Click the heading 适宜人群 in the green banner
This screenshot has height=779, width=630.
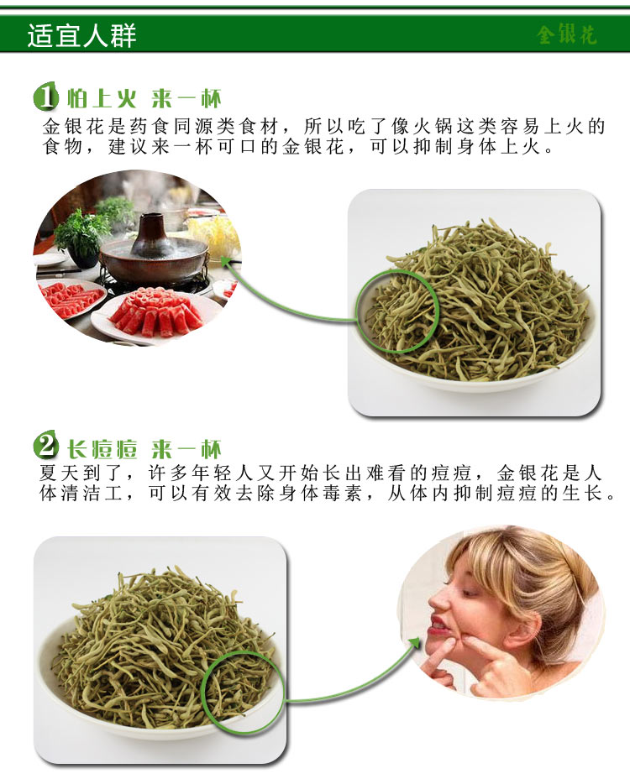coord(81,35)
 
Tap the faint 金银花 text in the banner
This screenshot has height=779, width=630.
coord(566,34)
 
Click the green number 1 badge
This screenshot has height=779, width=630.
coord(45,97)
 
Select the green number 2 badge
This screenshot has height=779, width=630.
coord(45,445)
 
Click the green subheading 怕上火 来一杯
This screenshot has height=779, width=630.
coord(144,98)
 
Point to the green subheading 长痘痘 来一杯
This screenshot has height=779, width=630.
coord(144,448)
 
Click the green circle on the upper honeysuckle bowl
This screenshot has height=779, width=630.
coord(357,311)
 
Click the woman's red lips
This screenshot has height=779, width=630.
coord(437,625)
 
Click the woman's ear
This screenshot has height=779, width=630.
coord(528,631)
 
